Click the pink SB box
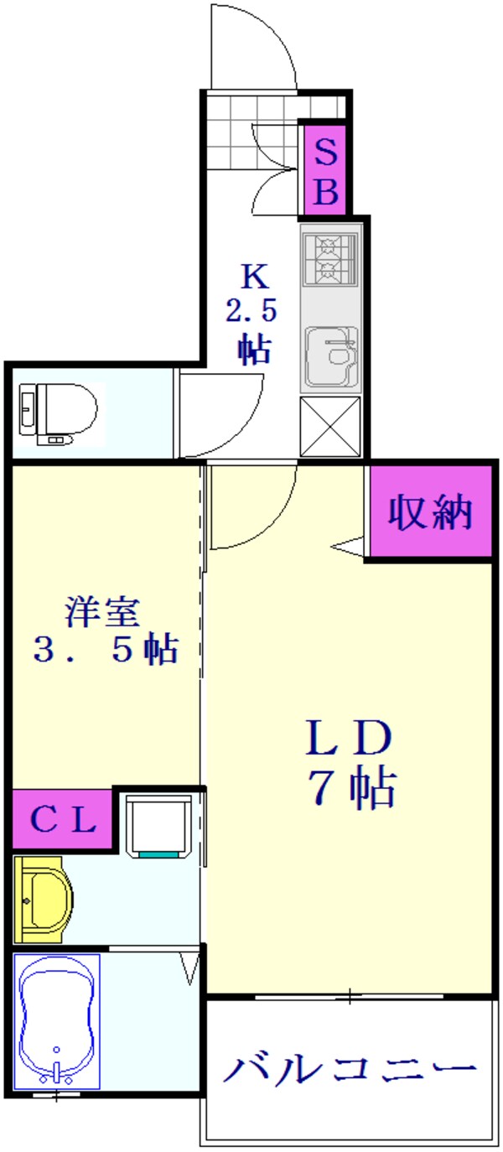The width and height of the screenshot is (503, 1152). [325, 171]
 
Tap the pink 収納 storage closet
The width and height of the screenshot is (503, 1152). [429, 513]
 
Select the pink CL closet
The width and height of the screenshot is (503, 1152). [63, 819]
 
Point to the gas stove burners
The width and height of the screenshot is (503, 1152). [331, 259]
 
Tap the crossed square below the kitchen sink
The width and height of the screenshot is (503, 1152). [330, 427]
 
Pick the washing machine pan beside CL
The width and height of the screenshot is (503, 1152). [158, 827]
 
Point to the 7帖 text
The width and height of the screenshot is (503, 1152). [352, 788]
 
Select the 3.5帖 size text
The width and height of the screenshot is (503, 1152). [105, 651]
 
